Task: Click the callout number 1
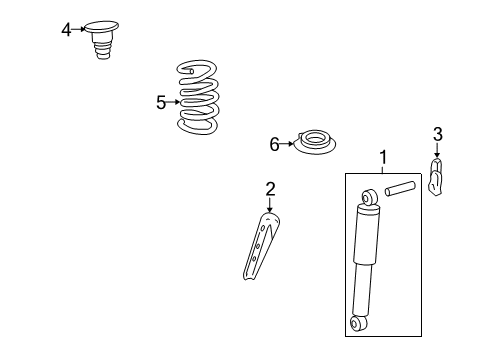(x=382, y=158)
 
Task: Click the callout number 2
(x=269, y=188)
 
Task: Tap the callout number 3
(x=437, y=134)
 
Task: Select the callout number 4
(x=66, y=30)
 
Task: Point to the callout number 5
(x=161, y=101)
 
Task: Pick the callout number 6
(x=274, y=145)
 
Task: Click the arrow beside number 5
(x=175, y=101)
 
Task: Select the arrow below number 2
(x=269, y=205)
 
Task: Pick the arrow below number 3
(x=437, y=151)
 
